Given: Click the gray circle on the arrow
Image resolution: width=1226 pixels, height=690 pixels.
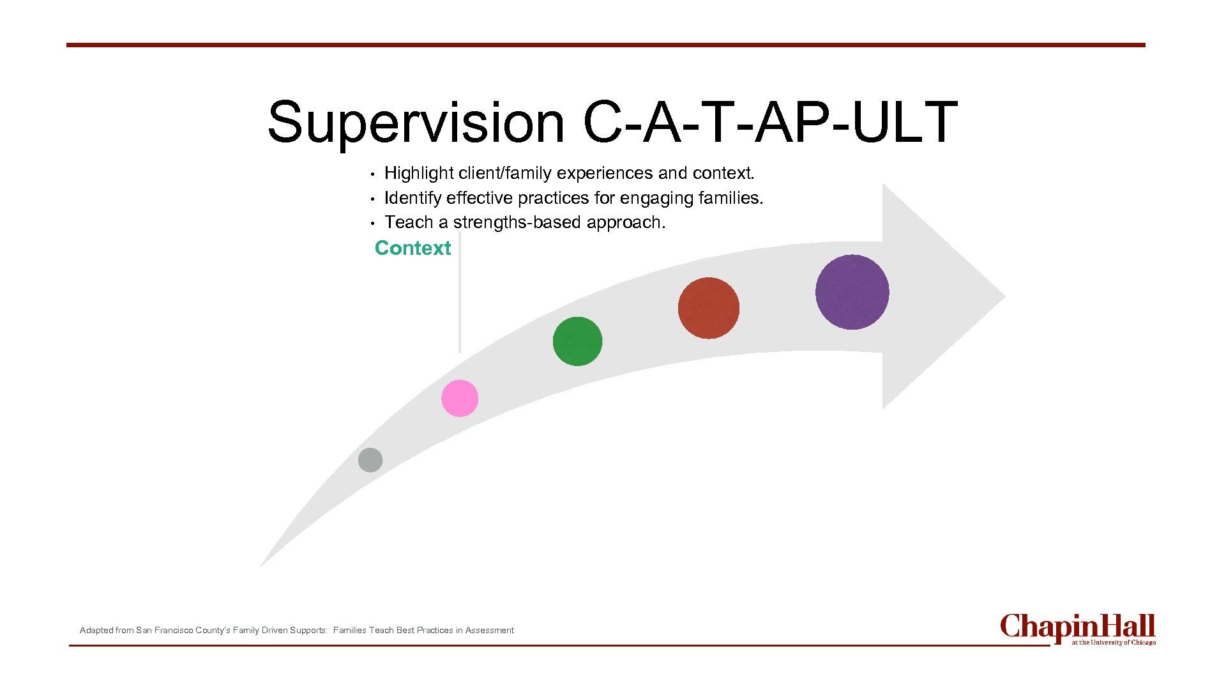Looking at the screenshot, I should click(370, 460).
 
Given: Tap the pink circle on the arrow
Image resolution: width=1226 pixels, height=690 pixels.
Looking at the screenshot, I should click(460, 398).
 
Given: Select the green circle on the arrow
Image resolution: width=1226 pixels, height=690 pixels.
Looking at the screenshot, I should click(577, 341).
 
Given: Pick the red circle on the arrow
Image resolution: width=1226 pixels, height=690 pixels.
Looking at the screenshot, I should click(708, 308).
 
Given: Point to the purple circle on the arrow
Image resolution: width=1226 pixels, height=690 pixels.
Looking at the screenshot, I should click(852, 292).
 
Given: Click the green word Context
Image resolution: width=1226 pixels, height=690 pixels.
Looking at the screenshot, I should click(412, 248).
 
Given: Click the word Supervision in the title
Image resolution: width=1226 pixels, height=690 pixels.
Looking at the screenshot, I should click(416, 123).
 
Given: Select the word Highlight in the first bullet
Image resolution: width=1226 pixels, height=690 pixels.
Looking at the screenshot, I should click(419, 173).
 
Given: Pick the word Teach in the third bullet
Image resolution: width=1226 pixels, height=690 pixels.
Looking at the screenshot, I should click(409, 222).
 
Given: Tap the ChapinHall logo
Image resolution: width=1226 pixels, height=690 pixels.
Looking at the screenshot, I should click(1077, 629).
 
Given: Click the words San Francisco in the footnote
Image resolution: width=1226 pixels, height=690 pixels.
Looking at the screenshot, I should click(164, 630).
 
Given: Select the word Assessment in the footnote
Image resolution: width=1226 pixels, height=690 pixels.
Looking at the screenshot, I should click(489, 630).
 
